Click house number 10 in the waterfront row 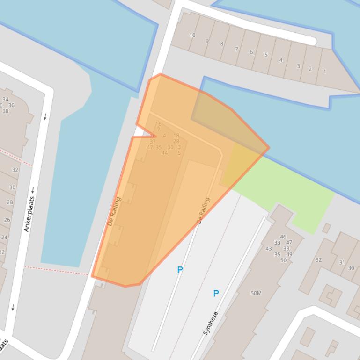coord(192,35)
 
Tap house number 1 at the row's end coord(324,72)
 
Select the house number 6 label coord(251,52)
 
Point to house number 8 coord(222,44)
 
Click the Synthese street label coord(210,323)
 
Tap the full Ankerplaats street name coord(29,214)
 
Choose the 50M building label coord(256,293)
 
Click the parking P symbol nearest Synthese coord(216,294)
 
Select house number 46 coord(283,237)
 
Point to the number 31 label coord(342,262)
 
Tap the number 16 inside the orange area coord(158,124)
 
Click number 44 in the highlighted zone coord(164,153)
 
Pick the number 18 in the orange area coord(176,136)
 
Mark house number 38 coord(6,111)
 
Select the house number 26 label coord(7,220)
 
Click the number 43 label coord(268,249)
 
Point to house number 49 coord(289,254)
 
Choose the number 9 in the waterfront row coord(207,41)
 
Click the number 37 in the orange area coord(153,141)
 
